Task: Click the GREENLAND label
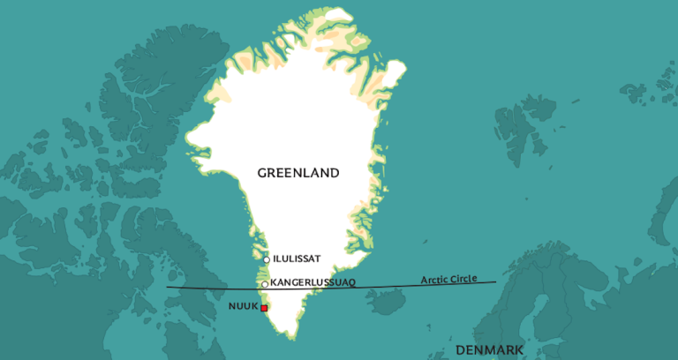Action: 298,173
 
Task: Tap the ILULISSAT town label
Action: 297,259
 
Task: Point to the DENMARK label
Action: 489,350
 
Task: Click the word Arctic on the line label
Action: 436,280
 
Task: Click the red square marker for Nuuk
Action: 264,308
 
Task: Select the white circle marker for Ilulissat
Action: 266,259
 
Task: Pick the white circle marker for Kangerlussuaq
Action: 264,284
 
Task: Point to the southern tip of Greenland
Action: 288,334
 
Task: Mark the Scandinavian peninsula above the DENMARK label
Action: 547,291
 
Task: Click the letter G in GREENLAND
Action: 262,173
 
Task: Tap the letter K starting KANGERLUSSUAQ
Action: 274,282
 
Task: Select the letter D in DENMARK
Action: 460,350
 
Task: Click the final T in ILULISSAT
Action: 316,259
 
